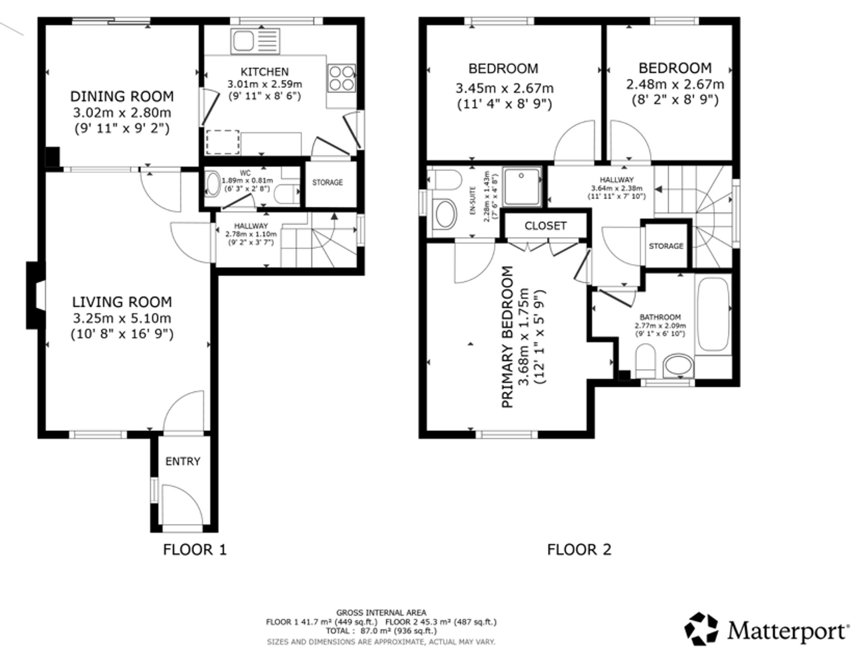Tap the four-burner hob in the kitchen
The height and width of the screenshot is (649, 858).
pyautogui.click(x=342, y=78)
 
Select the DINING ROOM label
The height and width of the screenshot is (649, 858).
pyautogui.click(x=122, y=97)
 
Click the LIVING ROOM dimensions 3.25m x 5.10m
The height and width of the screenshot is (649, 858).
pyautogui.click(x=122, y=318)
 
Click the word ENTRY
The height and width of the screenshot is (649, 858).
pyautogui.click(x=183, y=462)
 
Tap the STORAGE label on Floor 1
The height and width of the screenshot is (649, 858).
pyautogui.click(x=327, y=183)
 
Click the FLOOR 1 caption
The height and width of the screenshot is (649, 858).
pyautogui.click(x=194, y=549)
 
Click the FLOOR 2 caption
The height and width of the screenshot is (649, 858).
pyautogui.click(x=579, y=549)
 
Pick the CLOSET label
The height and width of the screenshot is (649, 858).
pyautogui.click(x=545, y=226)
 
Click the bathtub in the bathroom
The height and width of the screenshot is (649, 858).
pyautogui.click(x=713, y=314)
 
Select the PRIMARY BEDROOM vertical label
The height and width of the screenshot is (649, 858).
pyautogui.click(x=508, y=337)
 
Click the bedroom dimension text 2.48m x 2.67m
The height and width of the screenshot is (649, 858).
pyautogui.click(x=675, y=85)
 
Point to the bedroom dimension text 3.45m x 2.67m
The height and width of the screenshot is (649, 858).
pyautogui.click(x=504, y=88)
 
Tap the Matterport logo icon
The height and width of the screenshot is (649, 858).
pyautogui.click(x=701, y=629)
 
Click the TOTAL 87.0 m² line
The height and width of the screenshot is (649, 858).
pyautogui.click(x=381, y=631)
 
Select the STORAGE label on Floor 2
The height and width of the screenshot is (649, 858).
pyautogui.click(x=666, y=246)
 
